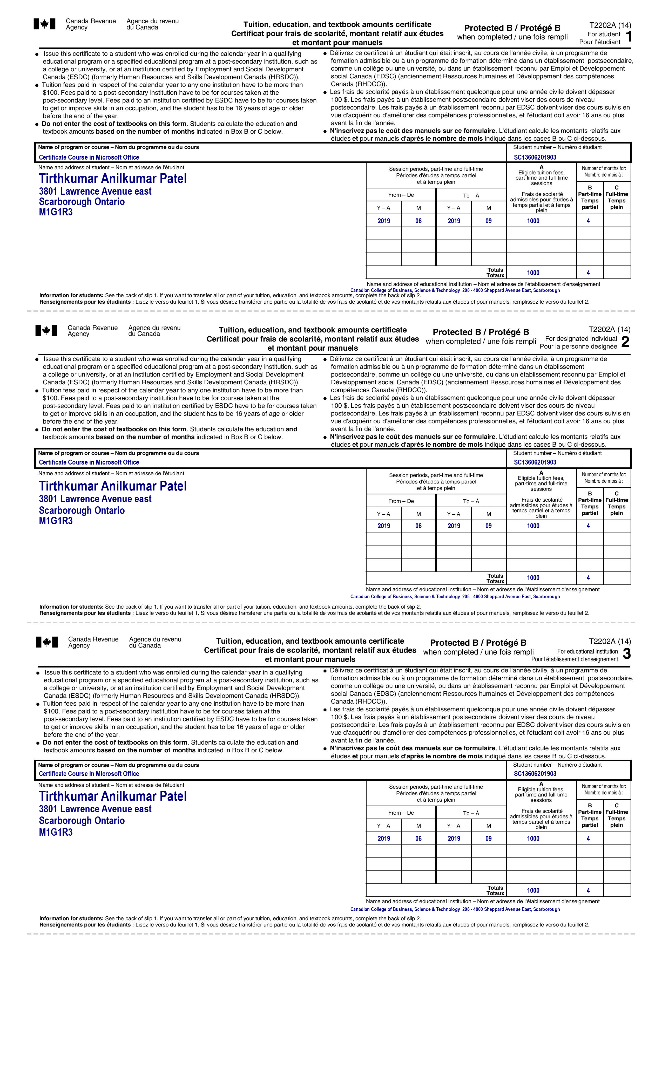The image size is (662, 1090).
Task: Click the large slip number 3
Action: tap(626, 654)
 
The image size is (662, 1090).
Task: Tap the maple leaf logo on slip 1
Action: tap(45, 24)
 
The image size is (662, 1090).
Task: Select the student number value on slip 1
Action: tap(535, 157)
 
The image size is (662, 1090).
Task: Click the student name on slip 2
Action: tap(113, 486)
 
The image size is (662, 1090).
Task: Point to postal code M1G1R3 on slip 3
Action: tap(56, 832)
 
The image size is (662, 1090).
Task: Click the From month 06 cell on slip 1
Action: tap(418, 221)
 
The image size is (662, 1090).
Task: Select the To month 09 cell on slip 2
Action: tap(489, 526)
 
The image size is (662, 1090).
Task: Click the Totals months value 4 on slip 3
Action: tap(588, 890)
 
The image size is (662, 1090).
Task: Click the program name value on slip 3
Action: tap(89, 774)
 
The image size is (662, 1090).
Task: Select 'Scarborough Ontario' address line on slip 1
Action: tap(82, 202)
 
